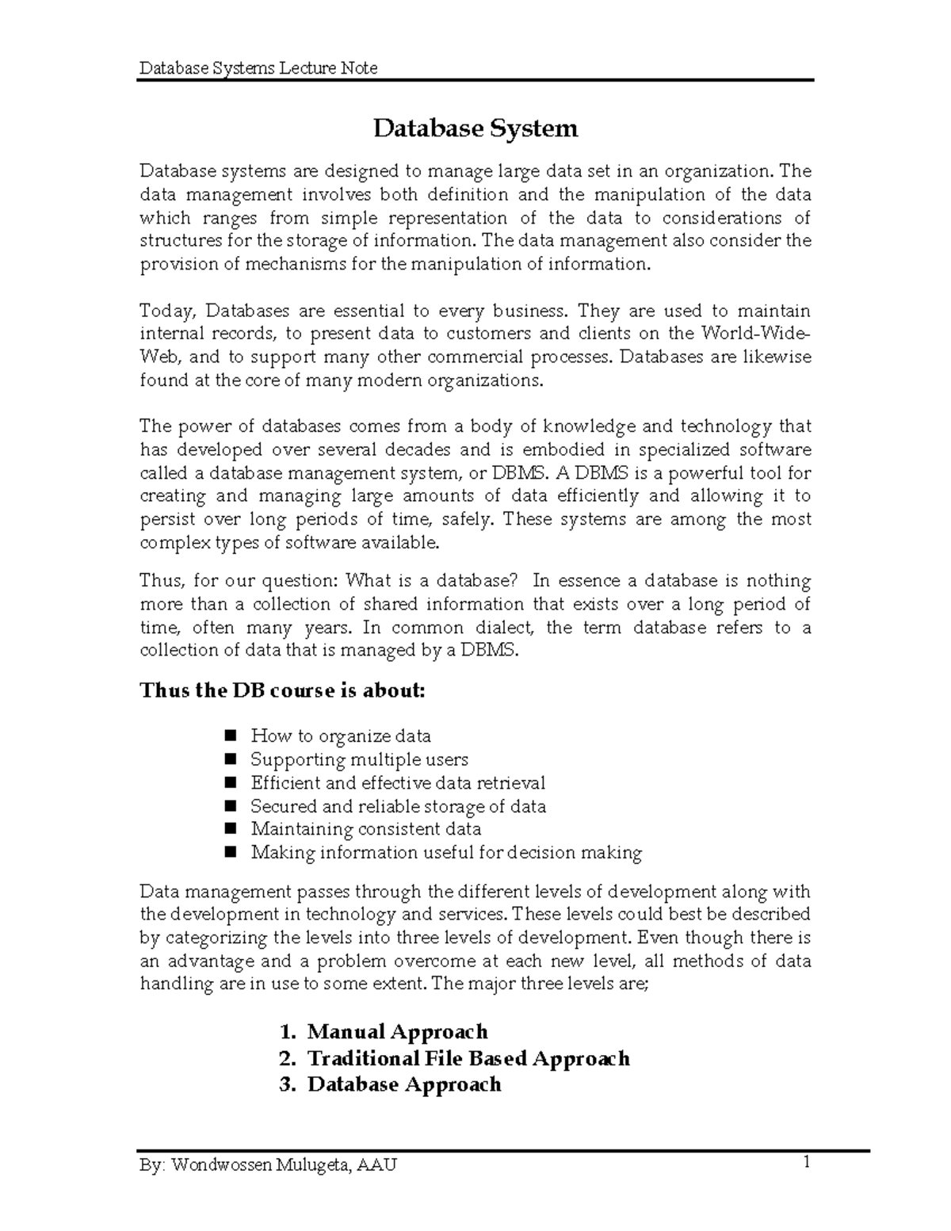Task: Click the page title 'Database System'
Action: click(x=475, y=128)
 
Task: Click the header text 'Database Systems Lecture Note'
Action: click(x=258, y=68)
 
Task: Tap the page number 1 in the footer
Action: click(x=806, y=1163)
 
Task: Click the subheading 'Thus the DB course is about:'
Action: click(x=282, y=690)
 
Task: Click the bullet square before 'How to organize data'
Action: click(x=231, y=736)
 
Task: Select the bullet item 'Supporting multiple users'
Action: click(x=359, y=759)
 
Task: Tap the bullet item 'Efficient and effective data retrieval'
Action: click(x=398, y=783)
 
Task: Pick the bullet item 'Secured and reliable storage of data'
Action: click(x=398, y=806)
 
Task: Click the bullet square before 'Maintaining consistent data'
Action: click(x=231, y=829)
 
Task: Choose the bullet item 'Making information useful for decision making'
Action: click(x=446, y=853)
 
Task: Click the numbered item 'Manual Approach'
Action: click(x=397, y=1032)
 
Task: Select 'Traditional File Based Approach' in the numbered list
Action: click(x=468, y=1058)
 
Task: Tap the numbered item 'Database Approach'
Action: click(x=404, y=1084)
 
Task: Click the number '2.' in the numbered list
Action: click(x=288, y=1058)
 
